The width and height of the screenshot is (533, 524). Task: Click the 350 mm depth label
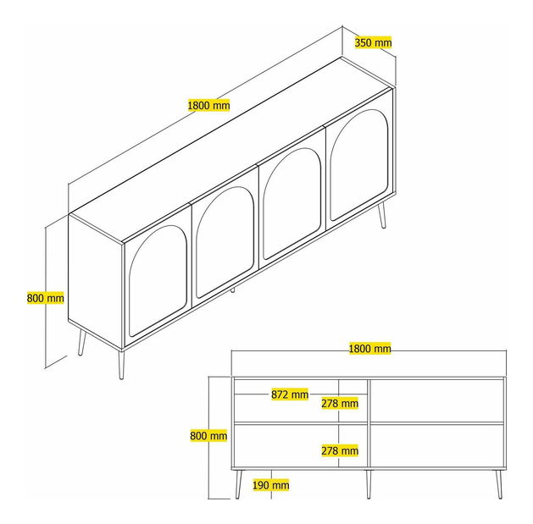point(373,42)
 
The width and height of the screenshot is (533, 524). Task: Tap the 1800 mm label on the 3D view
point(208,105)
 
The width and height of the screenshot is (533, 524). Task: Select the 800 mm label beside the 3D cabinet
point(45,298)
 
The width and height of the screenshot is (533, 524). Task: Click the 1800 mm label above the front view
point(369,349)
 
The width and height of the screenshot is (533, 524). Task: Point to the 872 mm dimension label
point(290,394)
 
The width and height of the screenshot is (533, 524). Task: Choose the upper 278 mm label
point(340,403)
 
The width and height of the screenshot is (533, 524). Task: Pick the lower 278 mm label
point(340,450)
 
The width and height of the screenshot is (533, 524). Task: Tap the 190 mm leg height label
point(271,485)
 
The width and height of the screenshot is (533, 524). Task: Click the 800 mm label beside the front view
point(208,435)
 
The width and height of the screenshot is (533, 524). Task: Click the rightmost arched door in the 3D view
point(359,165)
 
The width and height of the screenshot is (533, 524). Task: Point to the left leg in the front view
point(239,484)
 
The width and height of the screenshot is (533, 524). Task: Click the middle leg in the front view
point(369,484)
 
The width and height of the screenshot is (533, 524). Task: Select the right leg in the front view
point(498,484)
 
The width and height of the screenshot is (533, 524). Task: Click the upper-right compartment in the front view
point(436,400)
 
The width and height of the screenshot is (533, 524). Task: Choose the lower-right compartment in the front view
point(436,445)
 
